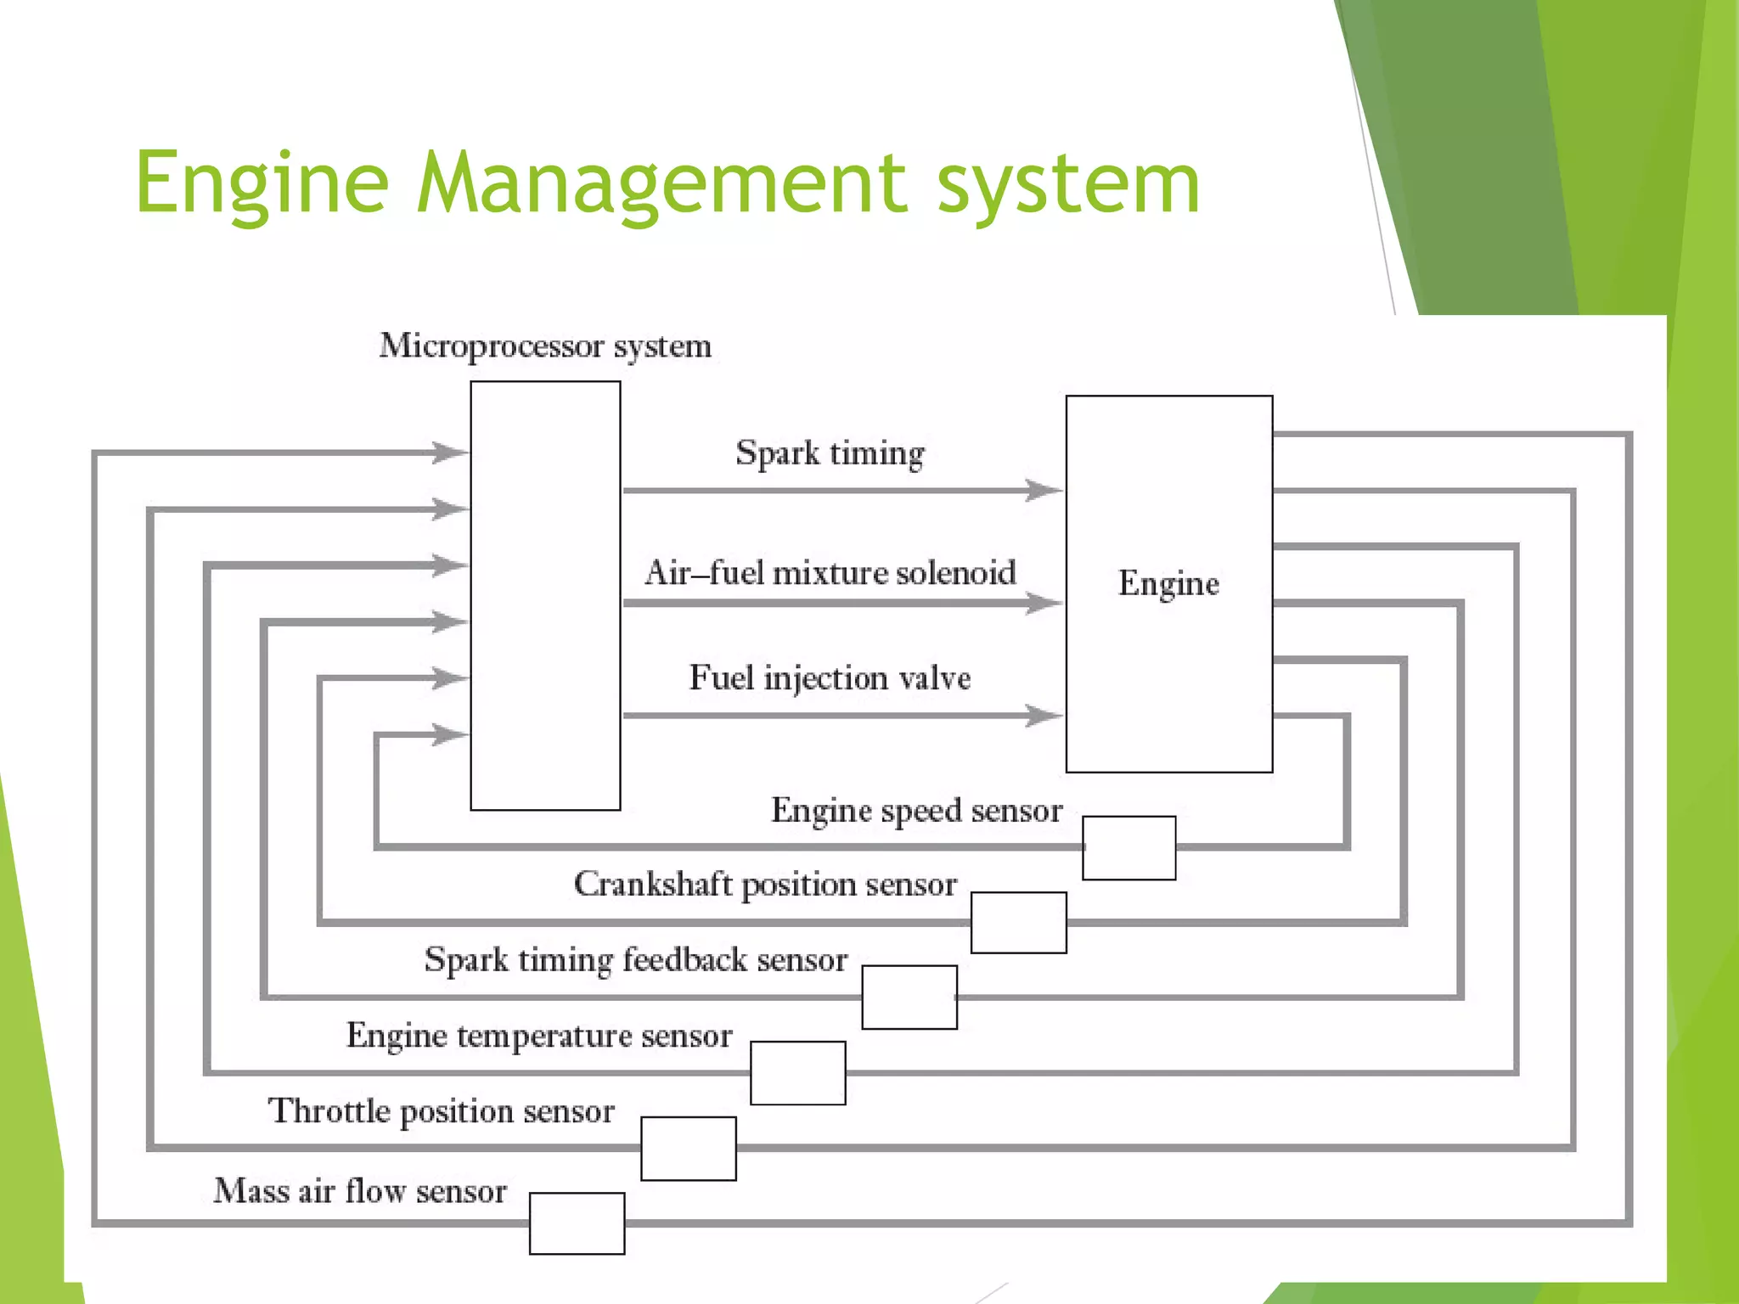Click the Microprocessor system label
pos(545,346)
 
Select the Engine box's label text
pos(1168,584)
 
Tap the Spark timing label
pos(830,452)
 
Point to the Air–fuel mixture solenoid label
pos(830,573)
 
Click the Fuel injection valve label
pos(830,678)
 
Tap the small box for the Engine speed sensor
pos(1128,847)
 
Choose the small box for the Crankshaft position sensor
pos(1018,922)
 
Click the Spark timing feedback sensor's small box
pos(909,997)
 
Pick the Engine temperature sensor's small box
pos(797,1072)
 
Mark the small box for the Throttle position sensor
pos(688,1148)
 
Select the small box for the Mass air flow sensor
pos(577,1222)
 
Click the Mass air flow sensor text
pos(360,1191)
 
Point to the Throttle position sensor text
pos(441,1111)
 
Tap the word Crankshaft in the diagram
pos(652,884)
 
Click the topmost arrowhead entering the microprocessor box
pos(450,452)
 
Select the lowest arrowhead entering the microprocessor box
pos(450,733)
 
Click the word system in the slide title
pos(1068,182)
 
